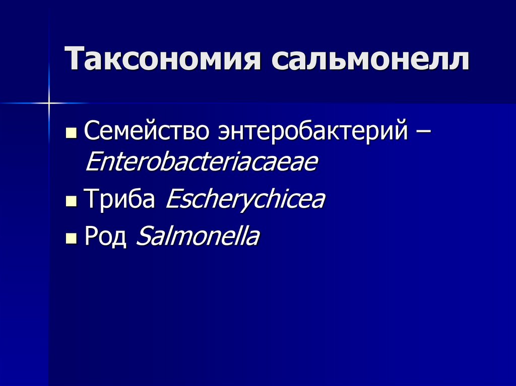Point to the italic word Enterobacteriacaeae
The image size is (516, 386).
tap(202, 163)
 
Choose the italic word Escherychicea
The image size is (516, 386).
tap(245, 200)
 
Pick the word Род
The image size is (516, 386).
tap(105, 237)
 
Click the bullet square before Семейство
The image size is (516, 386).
tap(72, 134)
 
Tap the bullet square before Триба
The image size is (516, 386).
tap(72, 202)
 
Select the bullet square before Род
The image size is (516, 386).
tap(72, 238)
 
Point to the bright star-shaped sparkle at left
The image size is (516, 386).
tap(49, 103)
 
